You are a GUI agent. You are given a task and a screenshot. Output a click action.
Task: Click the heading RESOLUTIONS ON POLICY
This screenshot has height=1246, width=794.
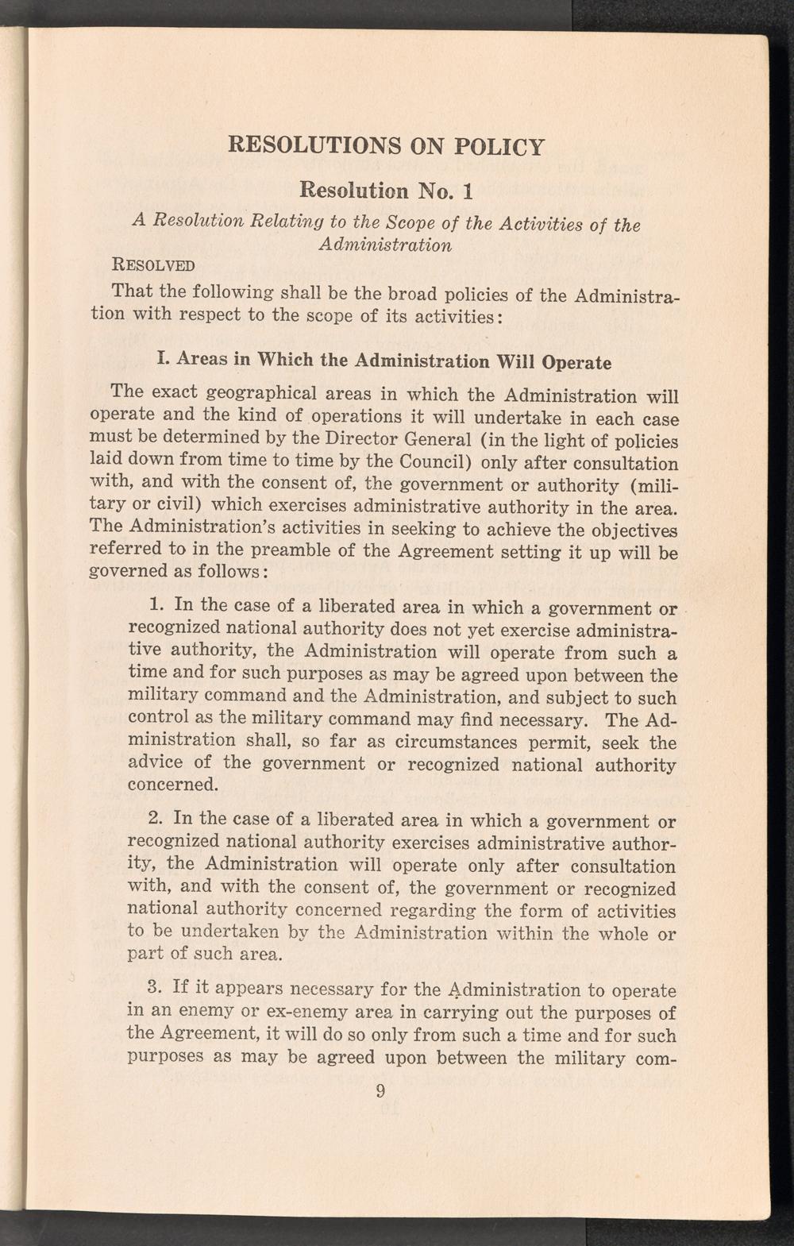[x=386, y=147]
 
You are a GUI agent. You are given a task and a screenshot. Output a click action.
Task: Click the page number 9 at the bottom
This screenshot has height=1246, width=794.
[x=380, y=1091]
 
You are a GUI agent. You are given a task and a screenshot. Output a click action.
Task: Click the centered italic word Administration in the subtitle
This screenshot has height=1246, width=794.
[x=385, y=245]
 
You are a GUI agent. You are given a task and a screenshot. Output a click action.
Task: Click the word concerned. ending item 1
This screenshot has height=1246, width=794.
[x=173, y=785]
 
